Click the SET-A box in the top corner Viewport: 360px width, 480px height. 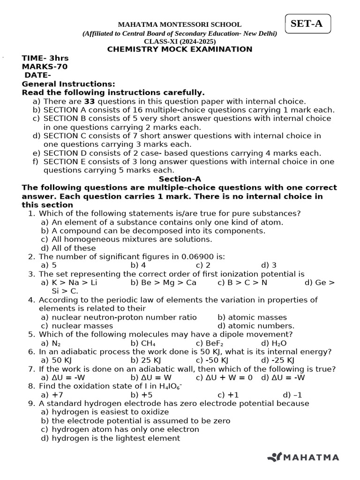[x=307, y=24]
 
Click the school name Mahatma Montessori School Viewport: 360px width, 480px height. [x=180, y=24]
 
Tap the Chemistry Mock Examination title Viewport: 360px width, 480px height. [x=180, y=49]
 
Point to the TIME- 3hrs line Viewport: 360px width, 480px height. [x=45, y=58]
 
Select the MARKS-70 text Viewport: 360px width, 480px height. [x=45, y=67]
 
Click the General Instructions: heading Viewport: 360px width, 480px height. [x=68, y=84]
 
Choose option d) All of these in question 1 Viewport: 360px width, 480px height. [x=68, y=248]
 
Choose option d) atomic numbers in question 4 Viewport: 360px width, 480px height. [x=256, y=326]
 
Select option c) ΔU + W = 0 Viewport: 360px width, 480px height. [x=224, y=377]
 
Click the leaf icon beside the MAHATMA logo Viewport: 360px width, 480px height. [x=274, y=457]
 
